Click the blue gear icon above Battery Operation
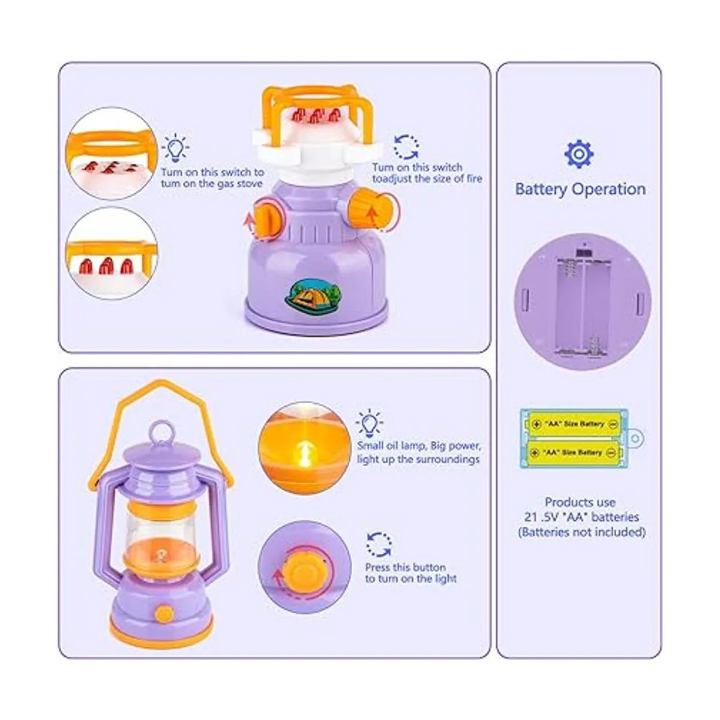[x=578, y=154]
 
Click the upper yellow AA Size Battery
[x=573, y=424]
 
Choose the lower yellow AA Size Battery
[x=573, y=452]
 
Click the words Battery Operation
[x=580, y=188]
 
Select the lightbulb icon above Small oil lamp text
[x=369, y=424]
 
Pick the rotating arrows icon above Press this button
[x=379, y=544]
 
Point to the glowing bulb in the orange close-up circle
[x=305, y=452]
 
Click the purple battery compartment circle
[x=583, y=302]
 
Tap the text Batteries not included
[x=582, y=532]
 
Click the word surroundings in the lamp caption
[x=448, y=459]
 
